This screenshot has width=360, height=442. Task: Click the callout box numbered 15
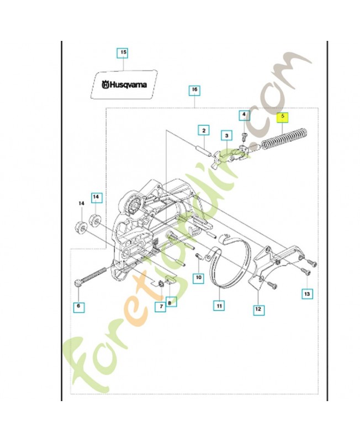pyautogui.click(x=123, y=53)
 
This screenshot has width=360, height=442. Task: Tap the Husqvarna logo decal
pyautogui.click(x=124, y=84)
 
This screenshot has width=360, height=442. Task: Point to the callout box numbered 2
pyautogui.click(x=204, y=130)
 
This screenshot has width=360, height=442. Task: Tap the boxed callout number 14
pyautogui.click(x=96, y=196)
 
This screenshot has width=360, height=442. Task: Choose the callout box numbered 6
pyautogui.click(x=78, y=306)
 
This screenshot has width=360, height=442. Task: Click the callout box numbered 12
pyautogui.click(x=257, y=310)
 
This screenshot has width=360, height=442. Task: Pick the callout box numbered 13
pyautogui.click(x=306, y=295)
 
